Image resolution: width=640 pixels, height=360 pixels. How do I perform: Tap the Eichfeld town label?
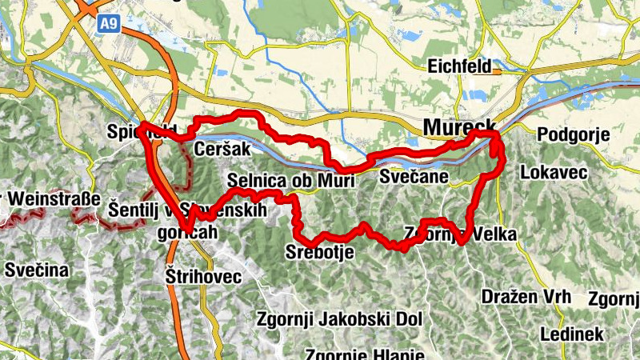coord(459,66)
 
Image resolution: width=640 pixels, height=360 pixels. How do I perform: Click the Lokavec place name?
coord(554,172)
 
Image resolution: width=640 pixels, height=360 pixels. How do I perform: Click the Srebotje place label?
coord(319,253)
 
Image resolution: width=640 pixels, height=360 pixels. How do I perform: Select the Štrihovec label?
coord(202,276)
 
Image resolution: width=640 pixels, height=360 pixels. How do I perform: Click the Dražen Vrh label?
coord(526,296)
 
